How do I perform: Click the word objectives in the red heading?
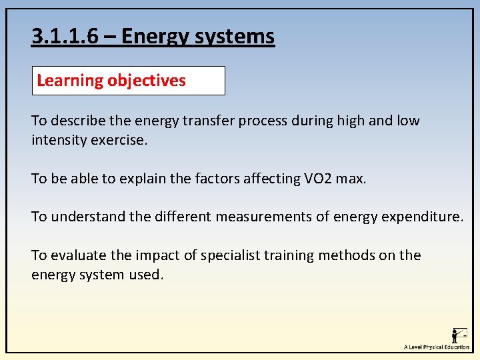[147, 81]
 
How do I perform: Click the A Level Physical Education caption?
[436, 347]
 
